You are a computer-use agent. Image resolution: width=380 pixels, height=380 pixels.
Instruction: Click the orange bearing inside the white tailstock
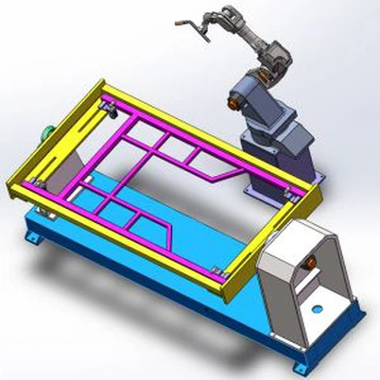point(312,256)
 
